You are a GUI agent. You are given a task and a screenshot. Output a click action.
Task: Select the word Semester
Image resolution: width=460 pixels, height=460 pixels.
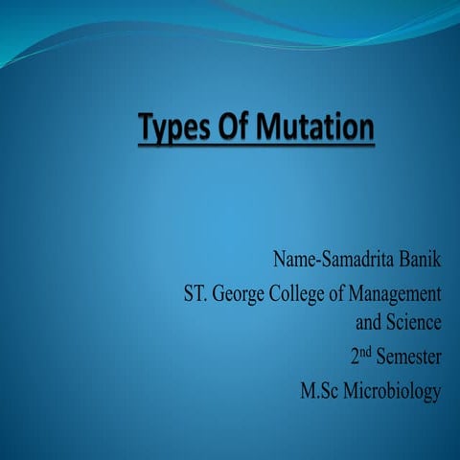(x=409, y=357)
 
